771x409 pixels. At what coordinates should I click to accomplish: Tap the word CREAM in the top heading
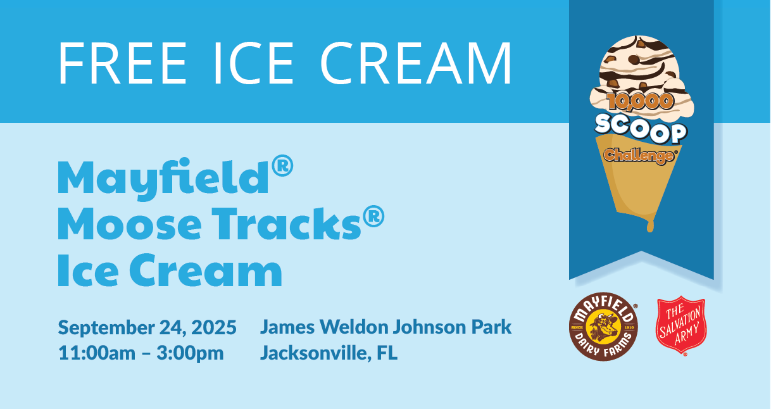click(416, 63)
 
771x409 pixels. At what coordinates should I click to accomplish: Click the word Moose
click(129, 224)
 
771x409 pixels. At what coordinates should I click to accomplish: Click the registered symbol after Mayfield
click(282, 166)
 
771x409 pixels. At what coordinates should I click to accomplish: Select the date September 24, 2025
click(147, 327)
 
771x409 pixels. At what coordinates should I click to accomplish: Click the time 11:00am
click(97, 353)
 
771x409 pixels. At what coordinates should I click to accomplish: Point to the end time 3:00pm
click(191, 353)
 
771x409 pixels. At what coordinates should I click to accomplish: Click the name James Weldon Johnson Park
click(385, 327)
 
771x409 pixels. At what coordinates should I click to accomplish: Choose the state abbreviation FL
click(387, 353)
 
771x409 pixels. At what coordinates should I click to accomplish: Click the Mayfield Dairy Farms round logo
click(603, 326)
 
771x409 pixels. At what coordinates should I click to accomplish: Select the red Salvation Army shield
click(681, 325)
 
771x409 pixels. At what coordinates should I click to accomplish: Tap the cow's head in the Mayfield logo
click(603, 327)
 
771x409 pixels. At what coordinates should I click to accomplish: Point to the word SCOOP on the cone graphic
click(641, 129)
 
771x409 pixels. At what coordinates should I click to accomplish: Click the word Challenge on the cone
click(640, 156)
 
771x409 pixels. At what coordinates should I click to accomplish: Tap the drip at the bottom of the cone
click(650, 226)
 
